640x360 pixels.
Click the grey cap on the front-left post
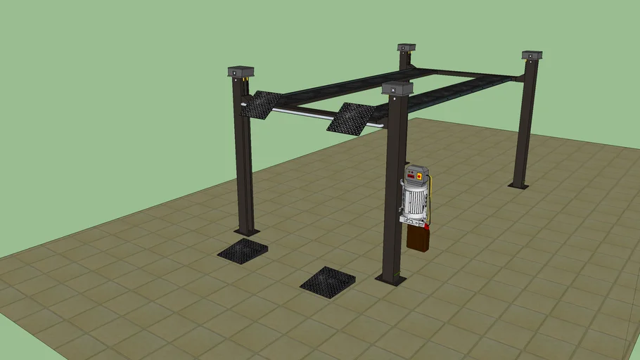(x=241, y=71)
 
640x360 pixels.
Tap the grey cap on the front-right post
(x=397, y=88)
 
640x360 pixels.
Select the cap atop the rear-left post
(x=406, y=48)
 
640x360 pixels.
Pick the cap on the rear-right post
(x=532, y=55)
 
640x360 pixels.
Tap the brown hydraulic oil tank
(x=418, y=238)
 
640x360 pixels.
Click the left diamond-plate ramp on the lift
(x=261, y=104)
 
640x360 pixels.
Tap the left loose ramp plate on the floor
(x=243, y=250)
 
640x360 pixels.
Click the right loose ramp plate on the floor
(x=328, y=282)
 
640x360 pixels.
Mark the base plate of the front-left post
(x=247, y=231)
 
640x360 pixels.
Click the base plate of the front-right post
(x=391, y=279)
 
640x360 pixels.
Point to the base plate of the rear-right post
(x=518, y=186)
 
